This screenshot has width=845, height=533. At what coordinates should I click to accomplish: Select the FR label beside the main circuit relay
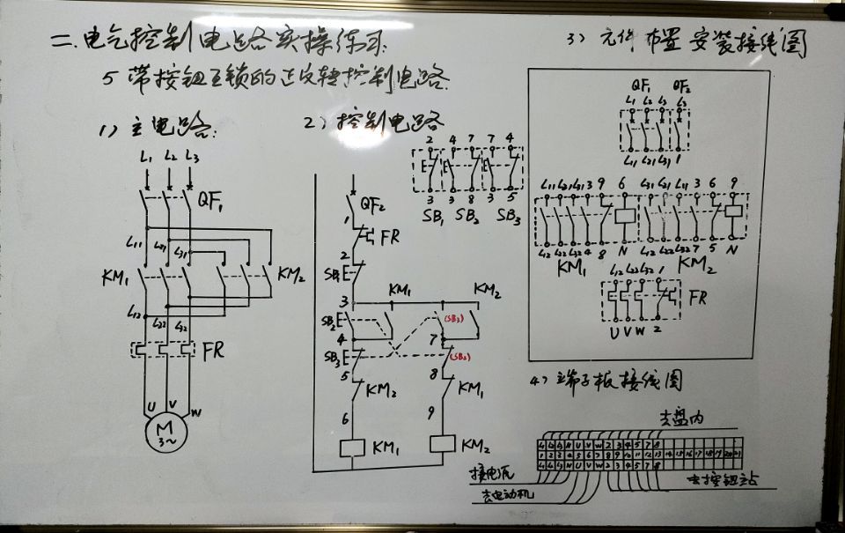[x=212, y=350]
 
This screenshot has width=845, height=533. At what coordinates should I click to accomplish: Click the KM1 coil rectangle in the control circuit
[x=352, y=448]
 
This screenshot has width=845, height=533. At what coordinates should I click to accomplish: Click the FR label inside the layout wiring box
[x=697, y=298]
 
